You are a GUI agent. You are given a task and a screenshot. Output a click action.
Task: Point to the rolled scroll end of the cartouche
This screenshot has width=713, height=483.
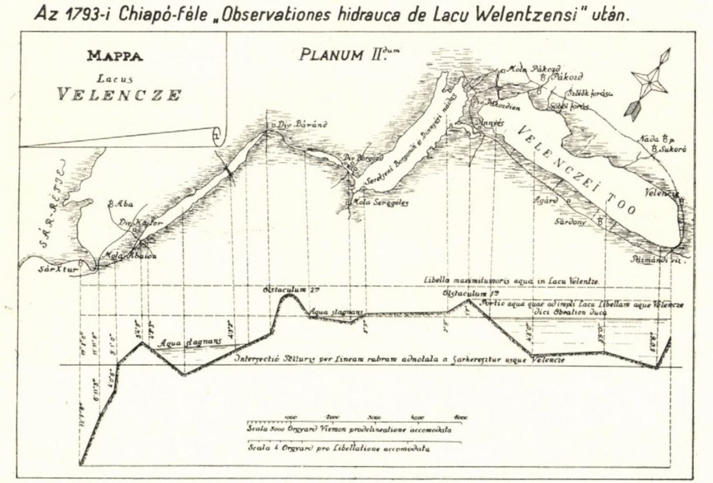tap(218, 136)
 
